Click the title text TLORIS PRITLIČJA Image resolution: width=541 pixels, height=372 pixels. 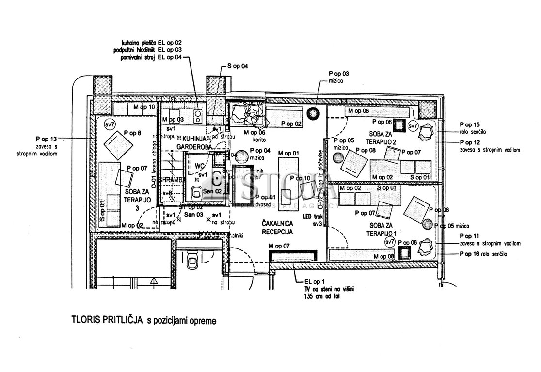point(107,320)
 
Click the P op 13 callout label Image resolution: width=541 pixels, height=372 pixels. point(47,138)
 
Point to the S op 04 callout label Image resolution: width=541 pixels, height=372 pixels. point(238,66)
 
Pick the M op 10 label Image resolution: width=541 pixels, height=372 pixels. point(144,107)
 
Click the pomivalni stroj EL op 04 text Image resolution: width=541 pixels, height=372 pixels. point(151,58)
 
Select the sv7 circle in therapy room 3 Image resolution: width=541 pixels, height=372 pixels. point(110,125)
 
